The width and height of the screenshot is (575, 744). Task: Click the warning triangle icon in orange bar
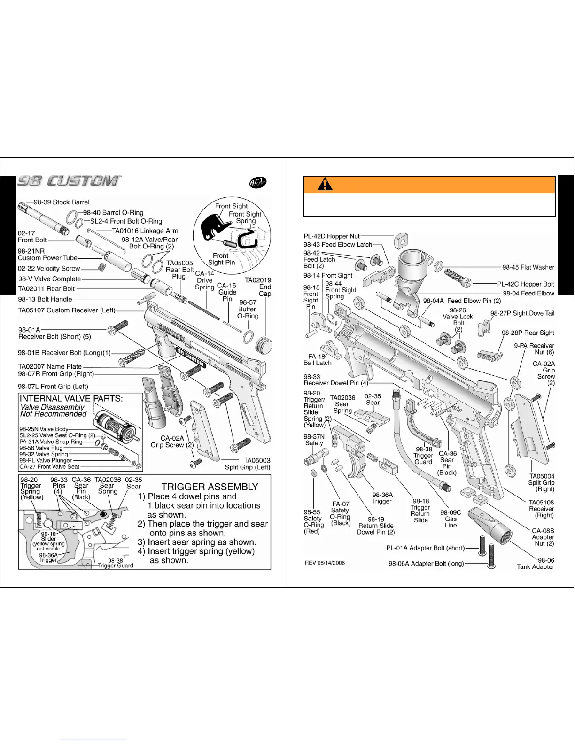[325, 184]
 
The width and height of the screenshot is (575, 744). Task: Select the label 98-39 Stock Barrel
[62, 202]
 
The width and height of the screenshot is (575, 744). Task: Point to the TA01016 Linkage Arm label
[145, 231]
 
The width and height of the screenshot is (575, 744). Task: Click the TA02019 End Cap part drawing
[263, 344]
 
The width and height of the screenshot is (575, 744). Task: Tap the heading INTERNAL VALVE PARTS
[71, 398]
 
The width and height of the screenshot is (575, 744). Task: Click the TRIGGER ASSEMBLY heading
[210, 487]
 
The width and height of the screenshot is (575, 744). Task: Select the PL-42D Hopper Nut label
[332, 236]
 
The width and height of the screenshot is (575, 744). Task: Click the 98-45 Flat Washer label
[528, 267]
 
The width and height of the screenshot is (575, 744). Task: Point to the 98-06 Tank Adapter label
[536, 564]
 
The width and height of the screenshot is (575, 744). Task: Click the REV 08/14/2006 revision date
[325, 563]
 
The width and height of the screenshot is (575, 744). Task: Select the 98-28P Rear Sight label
[528, 333]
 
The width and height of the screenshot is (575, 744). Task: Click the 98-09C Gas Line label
[451, 519]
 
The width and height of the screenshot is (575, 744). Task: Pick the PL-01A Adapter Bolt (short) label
[425, 548]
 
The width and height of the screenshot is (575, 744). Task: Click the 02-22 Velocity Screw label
[49, 269]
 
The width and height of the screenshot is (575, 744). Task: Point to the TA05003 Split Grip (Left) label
[248, 464]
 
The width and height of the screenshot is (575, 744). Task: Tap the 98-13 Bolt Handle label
[45, 299]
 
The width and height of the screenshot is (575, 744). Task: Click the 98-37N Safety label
[314, 440]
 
